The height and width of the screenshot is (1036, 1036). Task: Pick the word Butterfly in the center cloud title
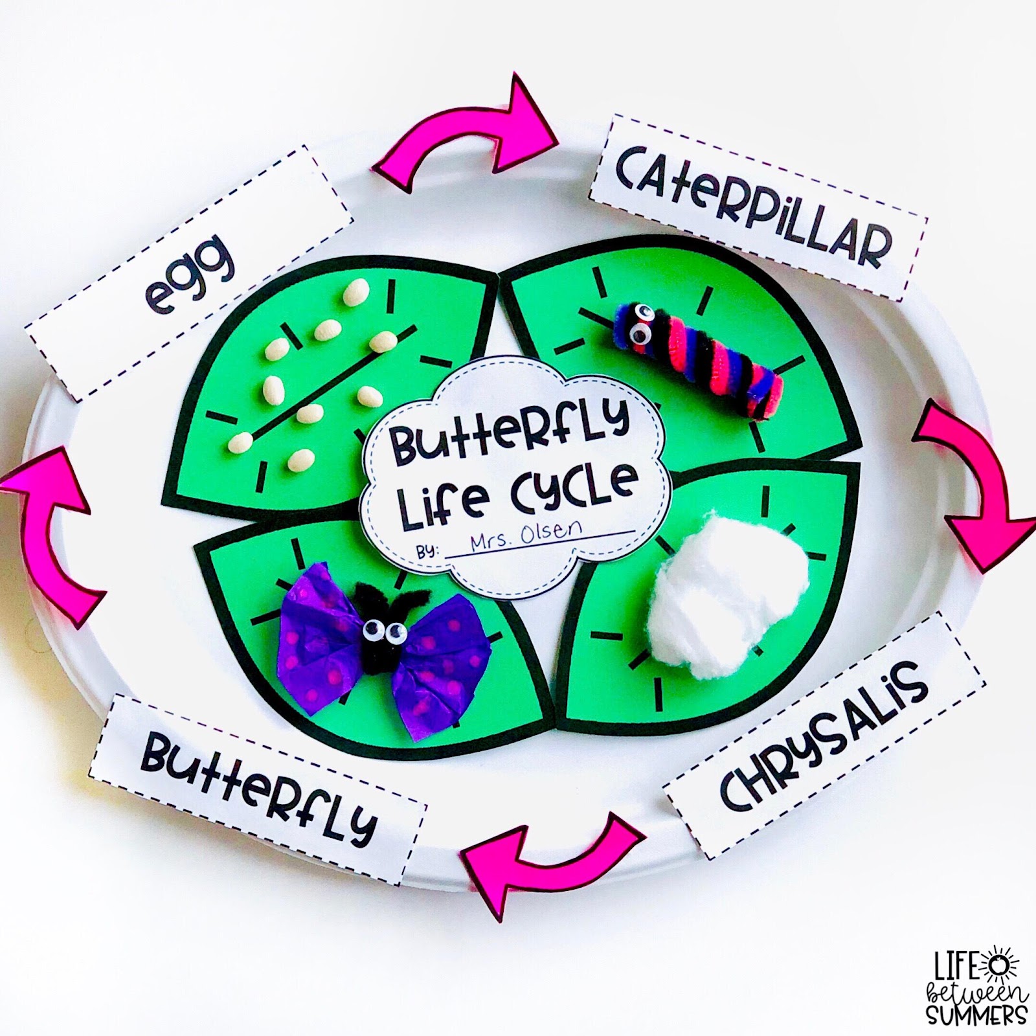508,431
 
